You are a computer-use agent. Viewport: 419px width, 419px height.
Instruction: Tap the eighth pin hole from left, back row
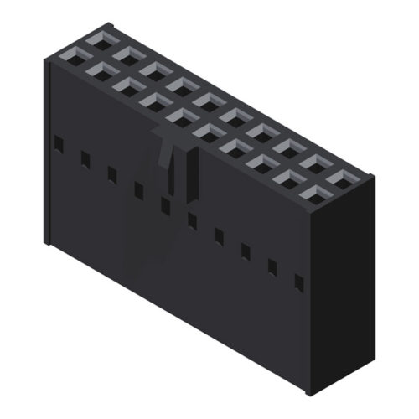tap(287, 147)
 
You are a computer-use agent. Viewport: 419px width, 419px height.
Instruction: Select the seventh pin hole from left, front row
tap(234, 150)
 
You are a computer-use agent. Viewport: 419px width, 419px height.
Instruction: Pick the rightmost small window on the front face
tap(299, 282)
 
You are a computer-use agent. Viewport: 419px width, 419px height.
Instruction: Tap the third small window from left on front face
tap(111, 173)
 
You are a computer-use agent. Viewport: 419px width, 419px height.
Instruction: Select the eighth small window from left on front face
tap(246, 251)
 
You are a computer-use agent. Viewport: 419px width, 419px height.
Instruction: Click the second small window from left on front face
tap(85, 158)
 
